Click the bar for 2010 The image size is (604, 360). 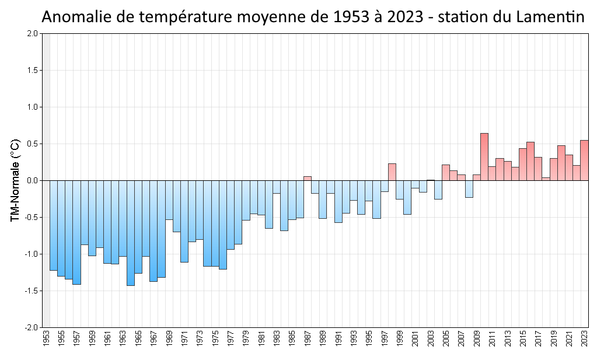point(484,157)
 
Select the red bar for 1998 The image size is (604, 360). point(392,172)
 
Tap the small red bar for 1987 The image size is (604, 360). point(307,178)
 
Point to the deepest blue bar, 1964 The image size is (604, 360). point(131,233)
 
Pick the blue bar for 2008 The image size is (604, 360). point(469,189)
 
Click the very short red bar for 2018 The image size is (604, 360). point(546,179)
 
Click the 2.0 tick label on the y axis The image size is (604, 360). point(32,34)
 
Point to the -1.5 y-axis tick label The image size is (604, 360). point(31,291)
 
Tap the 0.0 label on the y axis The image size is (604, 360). point(32,181)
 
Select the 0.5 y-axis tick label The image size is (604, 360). point(32,144)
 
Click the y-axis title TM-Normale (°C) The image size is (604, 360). point(16,180)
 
